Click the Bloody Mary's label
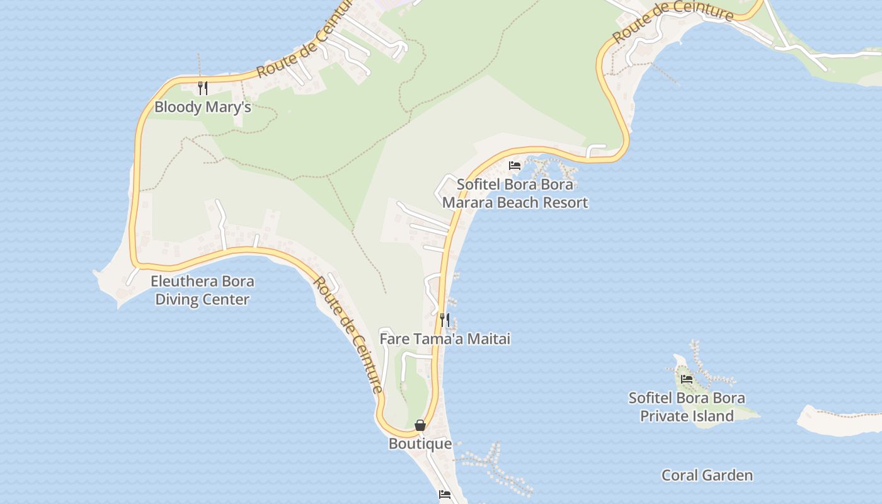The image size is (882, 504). coord(203,107)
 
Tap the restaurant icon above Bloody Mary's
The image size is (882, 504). coord(203,88)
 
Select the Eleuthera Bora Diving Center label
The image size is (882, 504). coord(202,290)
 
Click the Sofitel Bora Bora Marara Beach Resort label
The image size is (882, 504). coord(515,193)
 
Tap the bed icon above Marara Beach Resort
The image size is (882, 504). coord(515,166)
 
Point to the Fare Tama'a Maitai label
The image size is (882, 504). coord(445,339)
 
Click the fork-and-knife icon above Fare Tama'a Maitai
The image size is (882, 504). coord(445,319)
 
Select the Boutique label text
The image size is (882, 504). coord(420,444)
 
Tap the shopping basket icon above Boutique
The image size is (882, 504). coord(420,426)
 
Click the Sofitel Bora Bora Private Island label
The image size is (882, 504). coord(687,407)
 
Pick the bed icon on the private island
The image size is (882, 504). coord(687,379)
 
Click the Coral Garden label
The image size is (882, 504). coord(707,475)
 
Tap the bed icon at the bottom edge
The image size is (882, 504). coord(445,495)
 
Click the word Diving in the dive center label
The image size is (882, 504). coord(177,299)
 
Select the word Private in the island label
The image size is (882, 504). coord(664,416)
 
